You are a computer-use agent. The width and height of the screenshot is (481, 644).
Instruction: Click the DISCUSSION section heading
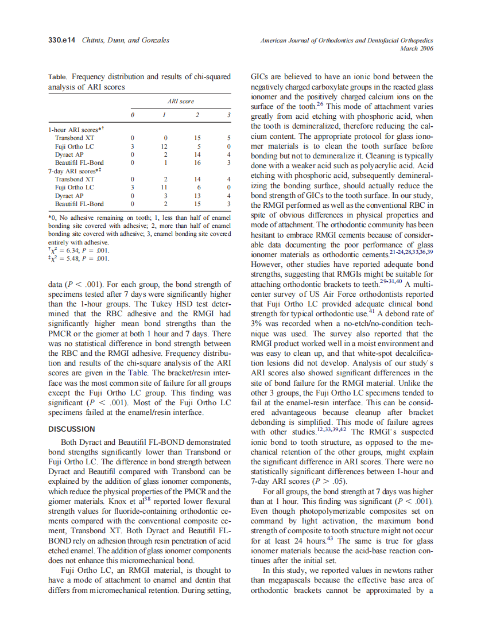(x=71, y=429)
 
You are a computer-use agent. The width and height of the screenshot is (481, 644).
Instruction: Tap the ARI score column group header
(x=180, y=102)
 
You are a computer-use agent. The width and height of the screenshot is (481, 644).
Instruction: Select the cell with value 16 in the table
(x=197, y=162)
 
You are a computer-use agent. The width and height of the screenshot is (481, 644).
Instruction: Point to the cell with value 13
(x=197, y=195)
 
